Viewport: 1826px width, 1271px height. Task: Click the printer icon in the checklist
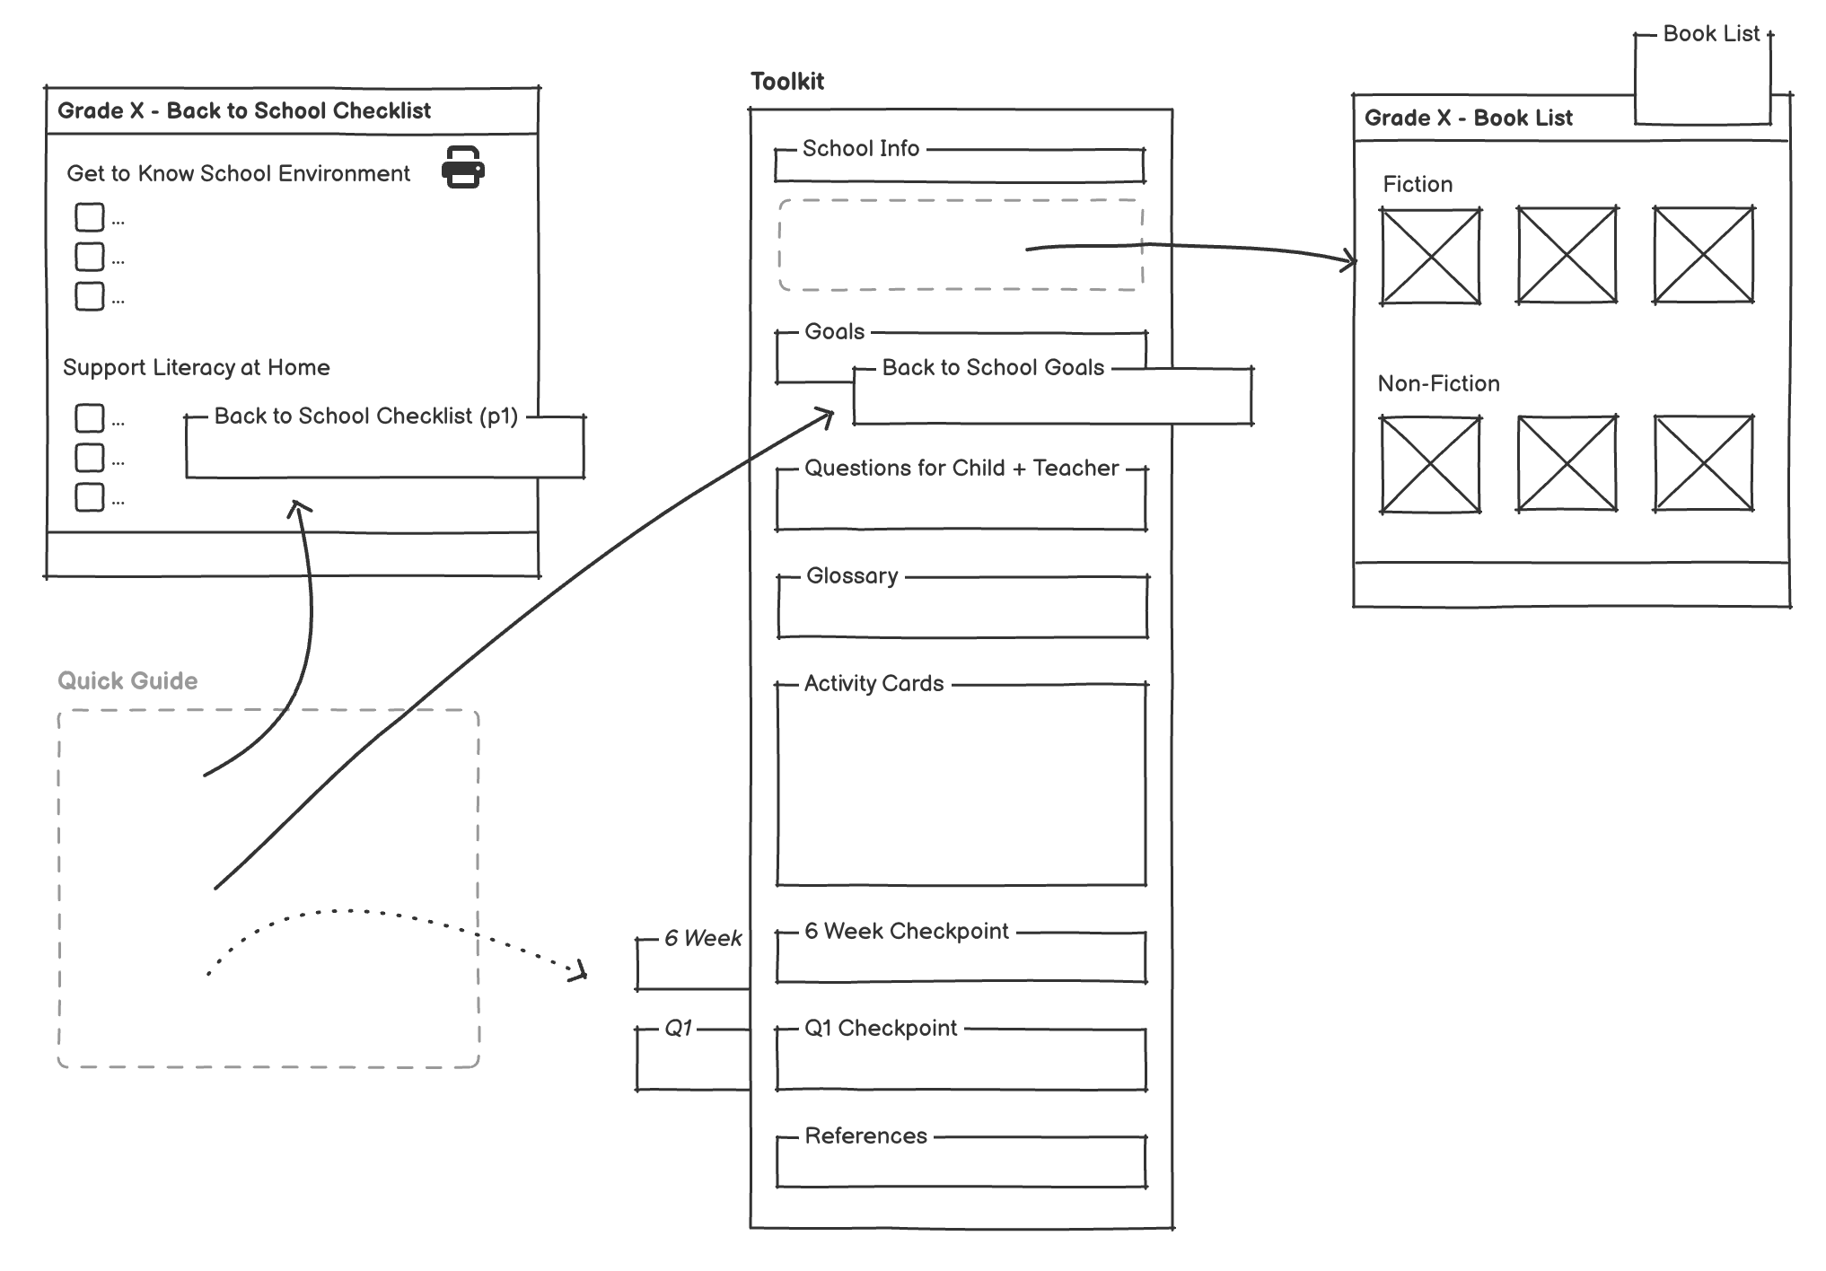tap(462, 168)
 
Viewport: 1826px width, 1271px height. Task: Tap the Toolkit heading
tap(786, 82)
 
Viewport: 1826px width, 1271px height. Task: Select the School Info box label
tap(860, 149)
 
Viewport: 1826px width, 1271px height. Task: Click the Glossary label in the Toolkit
tap(851, 576)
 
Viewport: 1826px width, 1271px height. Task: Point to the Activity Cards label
tap(873, 684)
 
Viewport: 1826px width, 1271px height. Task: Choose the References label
tap(865, 1136)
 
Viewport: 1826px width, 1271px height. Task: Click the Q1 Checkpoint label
tap(880, 1029)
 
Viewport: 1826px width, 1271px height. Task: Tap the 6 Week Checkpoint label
tap(906, 932)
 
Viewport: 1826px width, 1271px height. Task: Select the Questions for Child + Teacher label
tap(961, 469)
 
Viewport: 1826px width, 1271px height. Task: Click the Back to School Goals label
tap(992, 368)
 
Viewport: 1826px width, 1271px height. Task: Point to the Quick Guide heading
tap(127, 681)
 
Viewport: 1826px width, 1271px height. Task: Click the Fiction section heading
tap(1417, 185)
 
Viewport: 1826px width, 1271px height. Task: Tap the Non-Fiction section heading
tap(1438, 384)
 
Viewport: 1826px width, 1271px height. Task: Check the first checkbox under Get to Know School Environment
tap(89, 218)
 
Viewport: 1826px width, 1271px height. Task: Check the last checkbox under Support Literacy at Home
tap(89, 497)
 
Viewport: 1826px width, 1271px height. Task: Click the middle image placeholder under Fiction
tap(1567, 256)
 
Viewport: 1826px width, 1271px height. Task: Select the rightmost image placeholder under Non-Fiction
tap(1703, 464)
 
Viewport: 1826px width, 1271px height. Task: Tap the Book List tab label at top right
tap(1710, 34)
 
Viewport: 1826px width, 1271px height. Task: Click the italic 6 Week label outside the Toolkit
tap(702, 939)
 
